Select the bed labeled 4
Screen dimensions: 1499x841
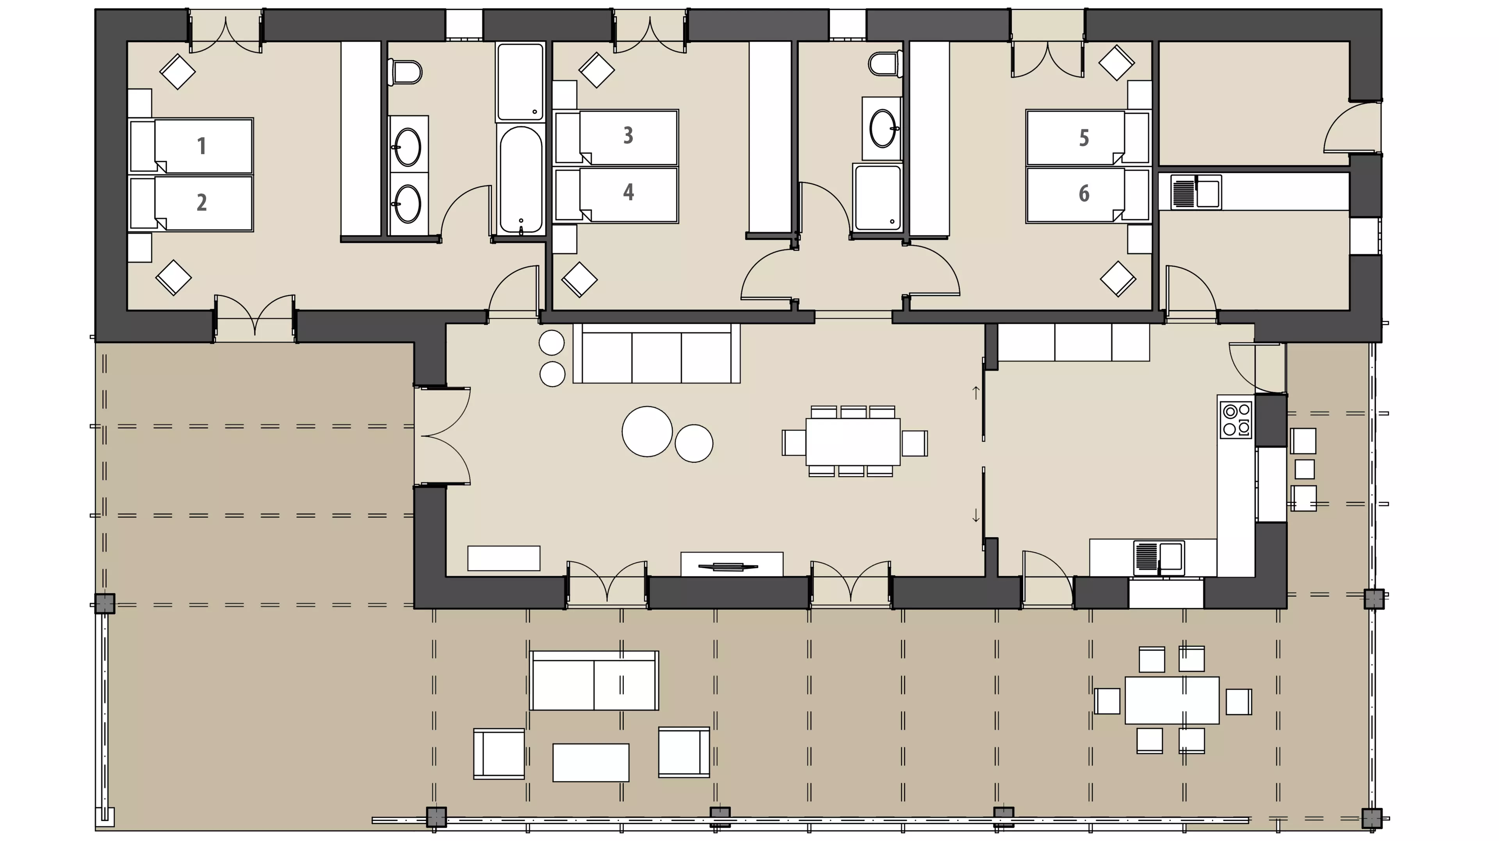click(616, 195)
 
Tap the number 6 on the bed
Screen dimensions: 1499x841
click(1084, 193)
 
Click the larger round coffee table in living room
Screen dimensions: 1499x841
click(647, 431)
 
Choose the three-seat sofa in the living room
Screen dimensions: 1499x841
click(656, 354)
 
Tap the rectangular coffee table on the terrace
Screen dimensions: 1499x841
click(591, 763)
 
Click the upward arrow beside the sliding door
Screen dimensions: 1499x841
click(976, 392)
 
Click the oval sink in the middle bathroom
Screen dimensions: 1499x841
click(883, 128)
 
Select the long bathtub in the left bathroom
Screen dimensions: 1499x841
click(521, 180)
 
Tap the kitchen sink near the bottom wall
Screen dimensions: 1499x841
click(1159, 558)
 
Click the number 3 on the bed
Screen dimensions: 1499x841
click(628, 135)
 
